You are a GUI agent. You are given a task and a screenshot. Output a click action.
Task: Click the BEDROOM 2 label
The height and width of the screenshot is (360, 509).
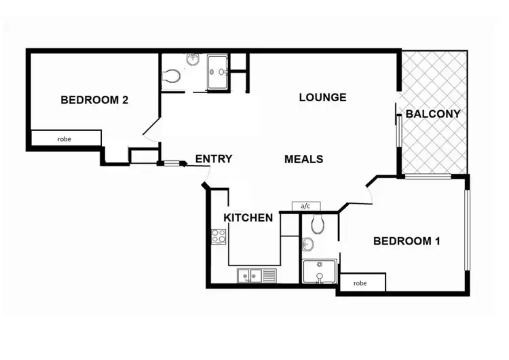(94, 100)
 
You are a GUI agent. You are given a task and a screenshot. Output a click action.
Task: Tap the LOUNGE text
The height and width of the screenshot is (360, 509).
(322, 97)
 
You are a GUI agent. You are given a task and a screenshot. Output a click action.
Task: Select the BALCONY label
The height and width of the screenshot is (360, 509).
(433, 114)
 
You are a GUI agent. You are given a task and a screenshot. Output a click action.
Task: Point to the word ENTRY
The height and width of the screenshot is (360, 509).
(213, 159)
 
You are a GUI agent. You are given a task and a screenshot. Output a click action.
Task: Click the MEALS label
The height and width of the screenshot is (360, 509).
(303, 159)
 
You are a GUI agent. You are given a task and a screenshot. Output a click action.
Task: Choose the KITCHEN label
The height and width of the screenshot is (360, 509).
(248, 218)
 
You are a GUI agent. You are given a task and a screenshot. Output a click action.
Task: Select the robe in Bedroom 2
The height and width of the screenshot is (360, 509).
(64, 139)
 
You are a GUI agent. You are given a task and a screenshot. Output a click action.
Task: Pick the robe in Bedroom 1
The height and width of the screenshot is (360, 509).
(360, 283)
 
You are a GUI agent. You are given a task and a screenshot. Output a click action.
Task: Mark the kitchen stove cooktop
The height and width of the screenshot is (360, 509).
(219, 236)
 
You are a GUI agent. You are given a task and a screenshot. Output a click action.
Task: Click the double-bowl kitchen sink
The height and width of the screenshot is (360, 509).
(250, 276)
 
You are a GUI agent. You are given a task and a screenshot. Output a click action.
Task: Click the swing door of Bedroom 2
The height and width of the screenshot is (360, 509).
(153, 128)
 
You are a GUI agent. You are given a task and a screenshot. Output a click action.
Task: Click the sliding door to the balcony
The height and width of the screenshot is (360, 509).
(398, 126)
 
